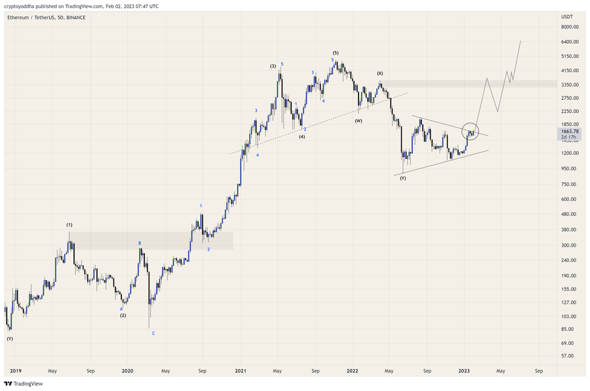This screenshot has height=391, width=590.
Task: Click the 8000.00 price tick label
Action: [570, 27]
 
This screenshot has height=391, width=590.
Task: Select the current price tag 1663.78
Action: [570, 131]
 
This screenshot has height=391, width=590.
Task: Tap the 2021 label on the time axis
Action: [240, 371]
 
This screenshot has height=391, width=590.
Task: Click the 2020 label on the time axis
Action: [128, 371]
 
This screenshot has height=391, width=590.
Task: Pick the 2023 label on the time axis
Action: [463, 371]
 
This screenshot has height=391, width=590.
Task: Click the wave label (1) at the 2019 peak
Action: [69, 225]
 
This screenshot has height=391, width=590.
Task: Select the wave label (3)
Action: [273, 66]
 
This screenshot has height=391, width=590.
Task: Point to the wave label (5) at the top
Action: [336, 52]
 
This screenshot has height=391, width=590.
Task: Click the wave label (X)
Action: [380, 73]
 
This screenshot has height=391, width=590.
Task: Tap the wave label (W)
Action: [359, 121]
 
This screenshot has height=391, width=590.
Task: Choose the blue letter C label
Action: [153, 333]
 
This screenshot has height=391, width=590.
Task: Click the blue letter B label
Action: [139, 243]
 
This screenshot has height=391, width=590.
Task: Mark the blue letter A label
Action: [121, 308]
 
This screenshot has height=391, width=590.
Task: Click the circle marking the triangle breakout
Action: [471, 131]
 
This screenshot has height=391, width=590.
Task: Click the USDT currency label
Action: [567, 16]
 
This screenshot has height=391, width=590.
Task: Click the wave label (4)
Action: [302, 136]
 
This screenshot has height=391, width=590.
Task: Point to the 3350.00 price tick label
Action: [570, 85]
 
